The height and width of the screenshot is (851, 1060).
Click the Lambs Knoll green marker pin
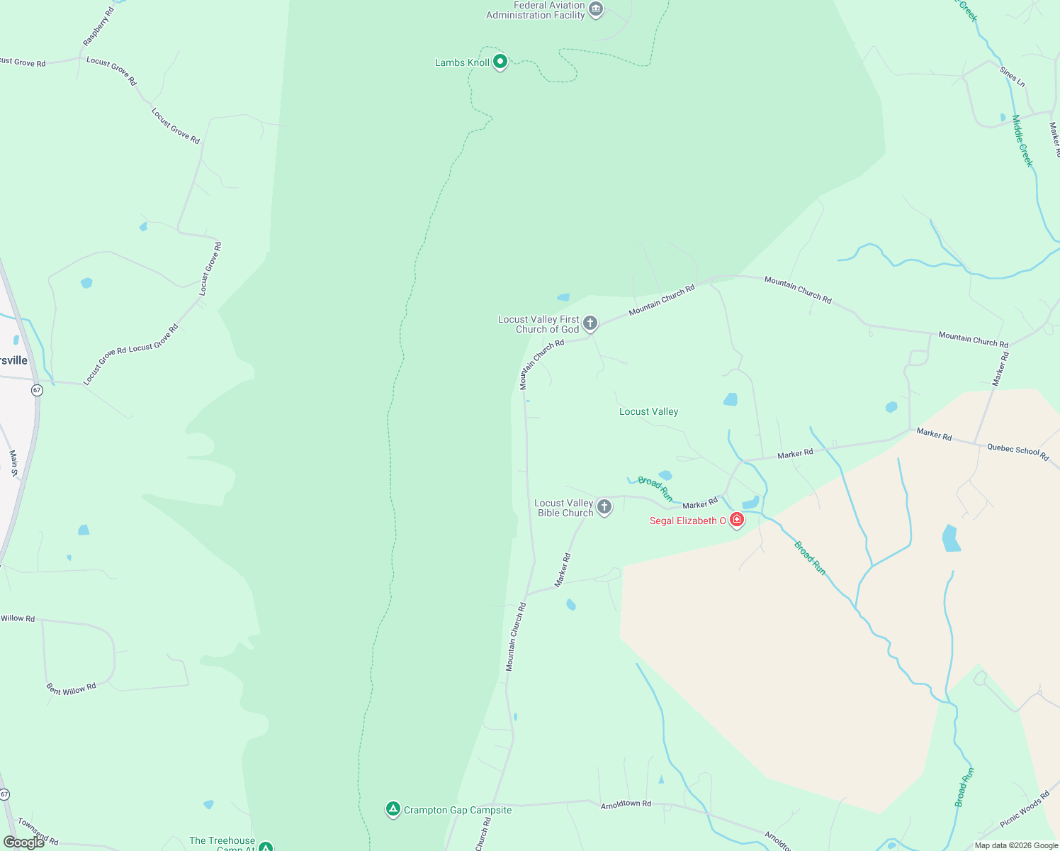(500, 62)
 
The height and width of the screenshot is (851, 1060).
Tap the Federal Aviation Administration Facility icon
(596, 10)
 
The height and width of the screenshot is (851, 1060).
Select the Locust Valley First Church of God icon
(590, 324)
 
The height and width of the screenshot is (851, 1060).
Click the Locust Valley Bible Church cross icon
(604, 507)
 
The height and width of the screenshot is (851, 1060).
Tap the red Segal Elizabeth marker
(737, 520)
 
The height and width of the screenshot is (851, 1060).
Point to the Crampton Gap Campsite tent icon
(393, 809)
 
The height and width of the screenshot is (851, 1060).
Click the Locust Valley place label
(648, 411)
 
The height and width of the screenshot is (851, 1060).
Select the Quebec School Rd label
(1017, 452)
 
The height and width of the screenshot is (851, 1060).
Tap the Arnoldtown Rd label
(626, 804)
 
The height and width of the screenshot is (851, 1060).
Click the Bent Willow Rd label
(71, 689)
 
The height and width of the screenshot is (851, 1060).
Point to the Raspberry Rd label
(98, 28)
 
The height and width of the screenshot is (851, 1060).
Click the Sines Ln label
(1012, 77)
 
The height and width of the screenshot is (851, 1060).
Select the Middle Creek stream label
(1022, 141)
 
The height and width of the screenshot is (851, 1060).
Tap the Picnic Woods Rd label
(1024, 809)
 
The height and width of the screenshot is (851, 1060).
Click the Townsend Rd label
(38, 831)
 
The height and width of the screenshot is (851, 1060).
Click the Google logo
(23, 842)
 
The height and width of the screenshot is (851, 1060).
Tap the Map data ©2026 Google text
(1016, 845)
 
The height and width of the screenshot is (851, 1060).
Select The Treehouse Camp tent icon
(265, 846)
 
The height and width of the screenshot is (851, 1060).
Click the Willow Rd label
(18, 618)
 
